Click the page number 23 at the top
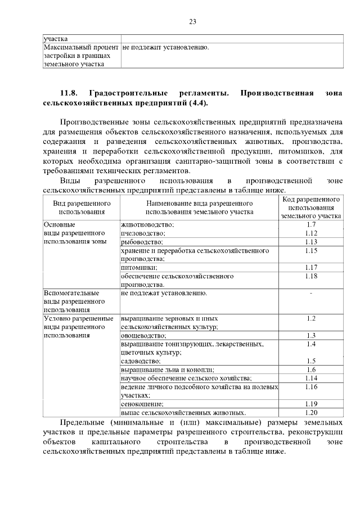[x=192, y=22]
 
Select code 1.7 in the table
[x=311, y=224]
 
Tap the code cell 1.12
[x=311, y=233]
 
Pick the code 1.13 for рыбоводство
[x=311, y=242]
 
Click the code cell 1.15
[x=311, y=250]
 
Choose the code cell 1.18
[x=311, y=276]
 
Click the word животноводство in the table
[x=147, y=225]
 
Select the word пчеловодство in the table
[x=143, y=233]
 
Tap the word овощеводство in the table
[x=143, y=336]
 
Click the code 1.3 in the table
[x=311, y=336]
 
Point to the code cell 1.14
[x=311, y=378]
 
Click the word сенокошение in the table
[x=142, y=404]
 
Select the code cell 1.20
[x=311, y=412]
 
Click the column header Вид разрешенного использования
[x=82, y=207]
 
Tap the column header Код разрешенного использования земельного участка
[x=311, y=207]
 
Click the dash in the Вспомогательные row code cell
[x=311, y=293]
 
